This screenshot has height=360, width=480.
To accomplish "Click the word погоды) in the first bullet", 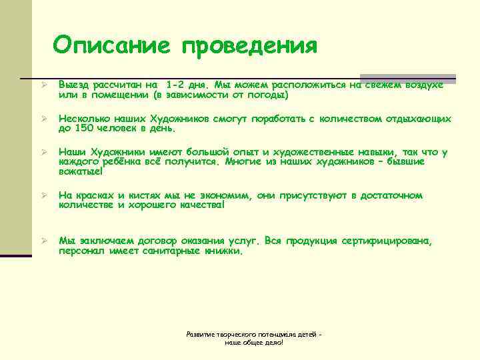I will [x=266, y=95].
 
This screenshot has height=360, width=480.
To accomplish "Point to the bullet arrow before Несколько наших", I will [x=42, y=119].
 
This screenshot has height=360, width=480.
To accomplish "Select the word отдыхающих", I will [x=417, y=119].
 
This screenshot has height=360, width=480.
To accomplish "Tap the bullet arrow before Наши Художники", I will [x=42, y=153].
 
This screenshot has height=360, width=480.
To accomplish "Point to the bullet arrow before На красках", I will [x=42, y=196].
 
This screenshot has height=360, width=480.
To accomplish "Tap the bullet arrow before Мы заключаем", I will [x=42, y=239].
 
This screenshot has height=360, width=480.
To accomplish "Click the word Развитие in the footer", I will [x=199, y=333].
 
